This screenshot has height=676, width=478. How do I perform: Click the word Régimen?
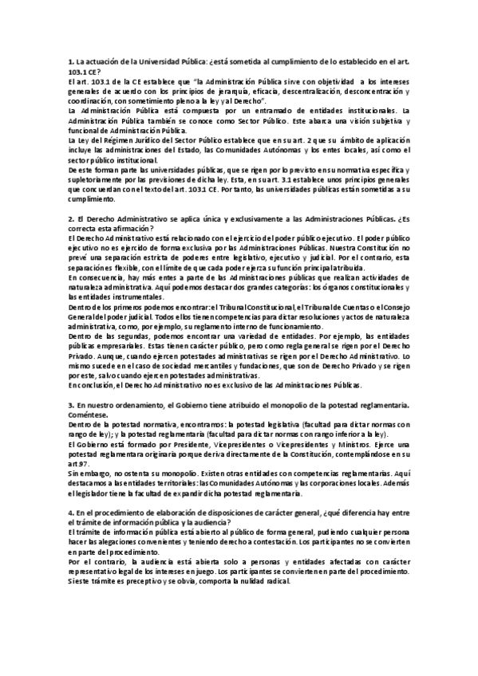pyautogui.click(x=111, y=140)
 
